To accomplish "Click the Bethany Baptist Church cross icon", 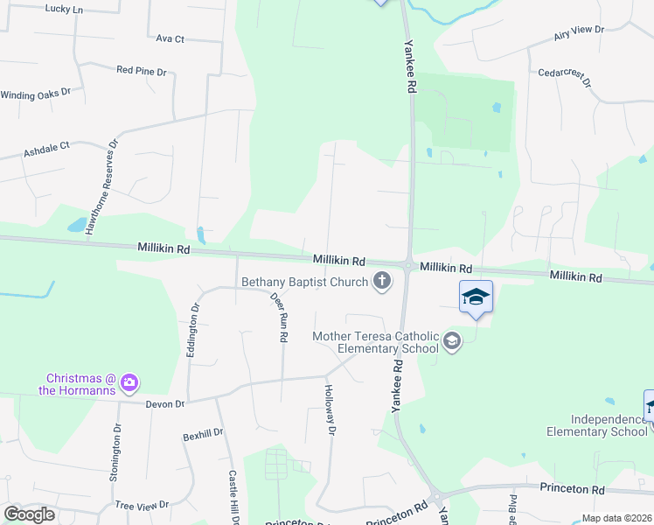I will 381,282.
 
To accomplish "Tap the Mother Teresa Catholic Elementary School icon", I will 451,340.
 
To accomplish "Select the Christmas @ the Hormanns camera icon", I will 129,381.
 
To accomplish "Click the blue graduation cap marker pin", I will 476,297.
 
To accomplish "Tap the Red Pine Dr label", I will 141,69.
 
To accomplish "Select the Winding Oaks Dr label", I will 35,94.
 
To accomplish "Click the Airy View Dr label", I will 579,33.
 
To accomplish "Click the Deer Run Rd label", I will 280,317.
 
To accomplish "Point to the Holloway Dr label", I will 330,409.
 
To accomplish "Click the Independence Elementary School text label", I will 597,425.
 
